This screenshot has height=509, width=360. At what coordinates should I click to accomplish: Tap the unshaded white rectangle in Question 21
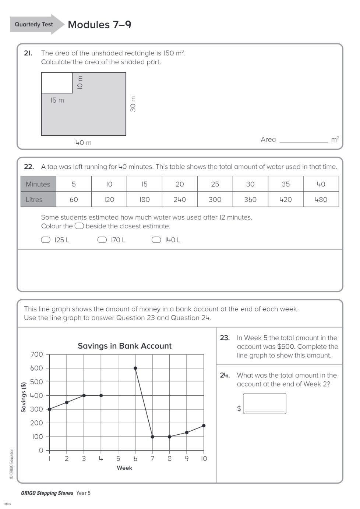point(57,83)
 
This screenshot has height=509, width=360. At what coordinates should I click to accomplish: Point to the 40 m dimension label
point(83,143)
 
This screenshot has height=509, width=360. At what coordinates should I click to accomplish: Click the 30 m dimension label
point(133,104)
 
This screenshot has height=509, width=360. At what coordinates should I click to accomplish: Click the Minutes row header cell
point(38,184)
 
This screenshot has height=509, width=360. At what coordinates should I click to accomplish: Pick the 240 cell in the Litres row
point(180,199)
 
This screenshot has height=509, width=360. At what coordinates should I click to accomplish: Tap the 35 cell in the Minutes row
point(286,184)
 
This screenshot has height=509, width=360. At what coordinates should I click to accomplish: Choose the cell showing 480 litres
point(321,199)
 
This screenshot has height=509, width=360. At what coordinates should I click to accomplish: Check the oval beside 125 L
point(46,240)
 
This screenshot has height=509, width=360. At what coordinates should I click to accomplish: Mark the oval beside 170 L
point(102,240)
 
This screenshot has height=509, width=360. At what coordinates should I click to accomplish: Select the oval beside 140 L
point(156,240)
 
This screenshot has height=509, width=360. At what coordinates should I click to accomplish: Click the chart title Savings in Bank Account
point(124,346)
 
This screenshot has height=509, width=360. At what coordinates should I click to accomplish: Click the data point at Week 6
point(135,368)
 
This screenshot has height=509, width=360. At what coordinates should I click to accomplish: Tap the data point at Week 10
point(204,426)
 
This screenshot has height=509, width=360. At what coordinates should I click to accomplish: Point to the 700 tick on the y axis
point(37,355)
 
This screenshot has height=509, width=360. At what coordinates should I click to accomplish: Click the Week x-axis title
point(124,468)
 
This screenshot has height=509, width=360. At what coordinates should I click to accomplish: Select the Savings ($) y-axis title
point(24,397)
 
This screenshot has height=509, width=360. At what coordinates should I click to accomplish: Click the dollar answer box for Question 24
point(265,403)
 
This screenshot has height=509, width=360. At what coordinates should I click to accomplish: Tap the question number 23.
point(225,338)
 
